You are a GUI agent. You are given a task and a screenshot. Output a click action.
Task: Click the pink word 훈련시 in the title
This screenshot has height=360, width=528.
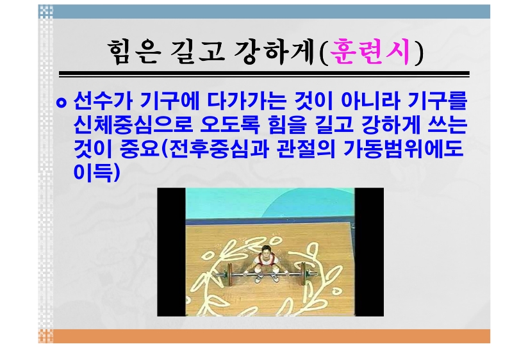point(370,52)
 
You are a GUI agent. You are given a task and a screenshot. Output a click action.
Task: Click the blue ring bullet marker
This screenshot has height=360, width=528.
point(61,102)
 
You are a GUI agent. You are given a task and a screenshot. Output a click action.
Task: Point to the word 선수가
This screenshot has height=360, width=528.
point(103,101)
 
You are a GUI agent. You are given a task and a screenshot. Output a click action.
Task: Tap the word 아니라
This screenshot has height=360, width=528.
point(370,101)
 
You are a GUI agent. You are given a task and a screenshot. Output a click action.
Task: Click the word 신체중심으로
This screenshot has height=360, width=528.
point(133,124)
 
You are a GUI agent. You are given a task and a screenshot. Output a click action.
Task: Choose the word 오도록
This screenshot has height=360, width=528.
point(230,124)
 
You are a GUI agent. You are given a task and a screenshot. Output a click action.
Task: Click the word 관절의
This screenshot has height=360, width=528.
point(306,148)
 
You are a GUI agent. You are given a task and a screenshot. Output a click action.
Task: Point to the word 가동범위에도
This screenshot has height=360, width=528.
point(404,148)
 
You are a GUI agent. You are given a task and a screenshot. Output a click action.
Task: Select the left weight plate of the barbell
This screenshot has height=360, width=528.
point(230,272)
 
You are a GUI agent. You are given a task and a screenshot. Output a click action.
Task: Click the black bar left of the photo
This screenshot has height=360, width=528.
point(171,252)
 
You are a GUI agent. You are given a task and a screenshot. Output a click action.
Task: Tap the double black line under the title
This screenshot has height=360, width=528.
point(264,74)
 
